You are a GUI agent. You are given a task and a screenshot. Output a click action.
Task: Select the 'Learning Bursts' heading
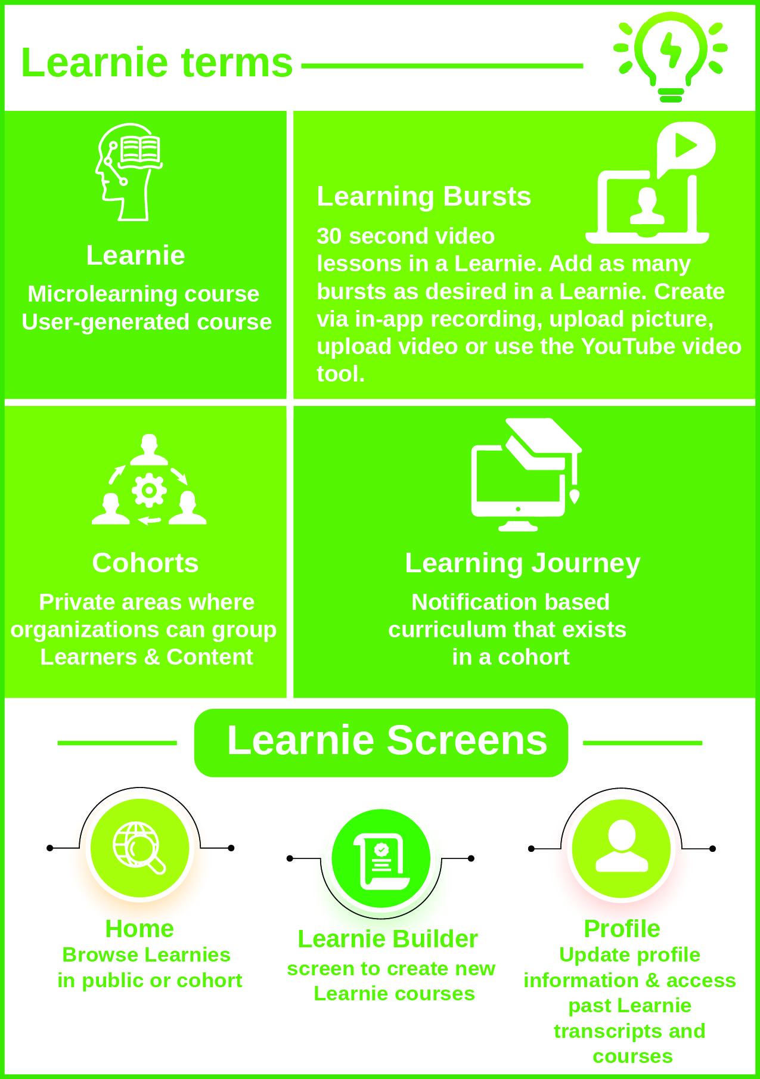pos(423,197)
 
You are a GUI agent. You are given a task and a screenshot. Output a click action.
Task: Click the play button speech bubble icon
pos(686,147)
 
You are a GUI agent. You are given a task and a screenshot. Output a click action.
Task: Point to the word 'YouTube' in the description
pos(624,346)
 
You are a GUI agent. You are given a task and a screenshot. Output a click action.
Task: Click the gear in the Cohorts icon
pos(149,490)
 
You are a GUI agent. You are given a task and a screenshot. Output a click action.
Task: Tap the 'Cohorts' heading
pos(145,563)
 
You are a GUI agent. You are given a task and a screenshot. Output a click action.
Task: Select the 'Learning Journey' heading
pos(522,563)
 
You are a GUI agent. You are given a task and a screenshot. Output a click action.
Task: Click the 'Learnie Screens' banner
pos(381,742)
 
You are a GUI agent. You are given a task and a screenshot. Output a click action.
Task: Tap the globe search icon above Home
pos(139,848)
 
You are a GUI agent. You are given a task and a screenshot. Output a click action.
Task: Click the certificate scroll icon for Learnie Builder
pos(381,860)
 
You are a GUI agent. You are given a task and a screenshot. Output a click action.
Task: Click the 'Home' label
pos(139,929)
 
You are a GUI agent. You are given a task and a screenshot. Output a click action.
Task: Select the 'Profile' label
pos(622,929)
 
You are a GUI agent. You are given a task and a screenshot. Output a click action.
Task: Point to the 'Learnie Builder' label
pos(387,940)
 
